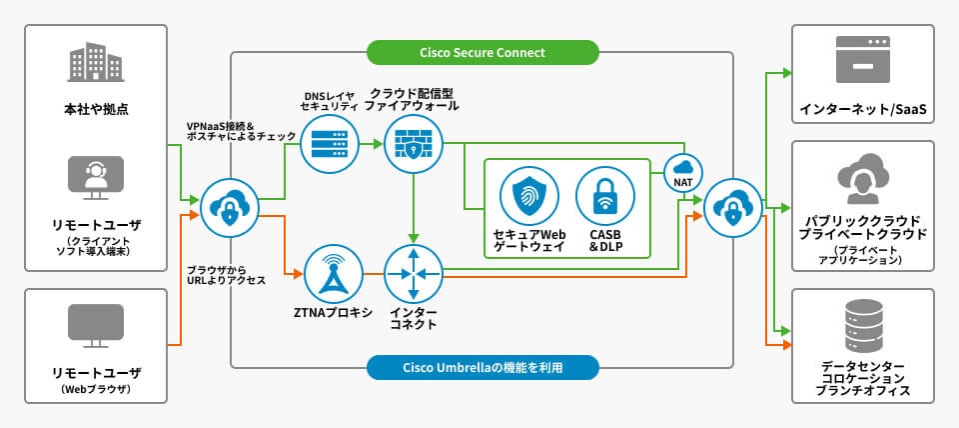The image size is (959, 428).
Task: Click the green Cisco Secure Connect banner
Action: tap(481, 52)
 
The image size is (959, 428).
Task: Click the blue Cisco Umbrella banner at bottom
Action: tap(481, 367)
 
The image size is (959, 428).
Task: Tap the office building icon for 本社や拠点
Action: tap(95, 63)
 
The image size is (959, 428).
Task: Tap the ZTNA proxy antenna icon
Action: tap(330, 273)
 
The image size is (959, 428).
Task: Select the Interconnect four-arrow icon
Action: tap(414, 273)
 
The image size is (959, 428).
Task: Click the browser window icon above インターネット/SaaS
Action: tap(862, 59)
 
